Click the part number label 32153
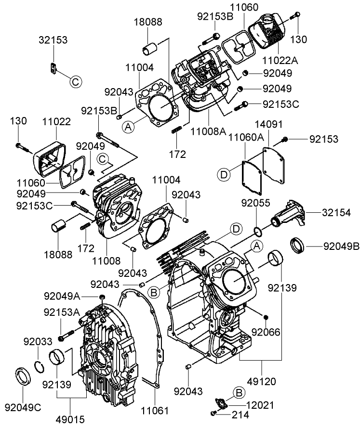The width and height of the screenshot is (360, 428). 53,40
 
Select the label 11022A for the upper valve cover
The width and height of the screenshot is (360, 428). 280,61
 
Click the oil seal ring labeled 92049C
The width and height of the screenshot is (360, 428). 23,375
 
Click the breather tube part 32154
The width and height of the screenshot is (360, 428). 289,214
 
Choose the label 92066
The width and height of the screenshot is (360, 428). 266,332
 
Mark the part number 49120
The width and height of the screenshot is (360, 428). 262,381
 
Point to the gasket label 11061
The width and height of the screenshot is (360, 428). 155,410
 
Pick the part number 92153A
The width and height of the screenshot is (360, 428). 61,311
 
